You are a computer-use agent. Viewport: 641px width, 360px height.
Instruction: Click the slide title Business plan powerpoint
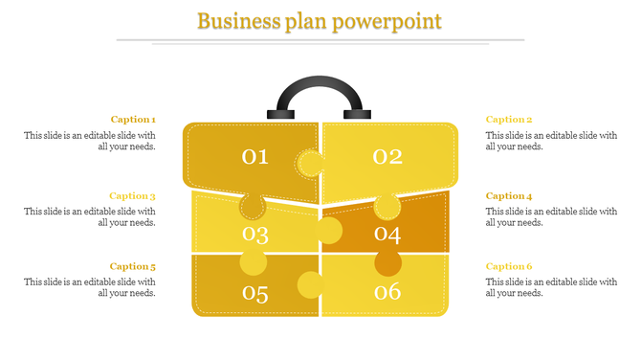pyautogui.click(x=320, y=20)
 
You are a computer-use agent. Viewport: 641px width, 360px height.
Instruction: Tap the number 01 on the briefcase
pyautogui.click(x=254, y=156)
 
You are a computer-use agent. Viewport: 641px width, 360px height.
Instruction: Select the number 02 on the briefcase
pyautogui.click(x=387, y=156)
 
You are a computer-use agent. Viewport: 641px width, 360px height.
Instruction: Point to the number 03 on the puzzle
pyautogui.click(x=255, y=234)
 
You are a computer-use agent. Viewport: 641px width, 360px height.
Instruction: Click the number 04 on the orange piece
pyautogui.click(x=387, y=234)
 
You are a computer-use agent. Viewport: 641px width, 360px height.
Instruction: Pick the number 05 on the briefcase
pyautogui.click(x=255, y=293)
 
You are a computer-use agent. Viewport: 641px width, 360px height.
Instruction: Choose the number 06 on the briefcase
pyautogui.click(x=387, y=293)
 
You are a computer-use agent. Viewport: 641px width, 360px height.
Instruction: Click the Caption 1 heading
pyautogui.click(x=133, y=120)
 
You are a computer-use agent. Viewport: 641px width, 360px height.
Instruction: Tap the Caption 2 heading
pyautogui.click(x=509, y=120)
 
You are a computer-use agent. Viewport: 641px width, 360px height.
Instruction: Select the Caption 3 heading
pyautogui.click(x=133, y=195)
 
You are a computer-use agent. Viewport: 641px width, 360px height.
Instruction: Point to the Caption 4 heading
pyautogui.click(x=509, y=195)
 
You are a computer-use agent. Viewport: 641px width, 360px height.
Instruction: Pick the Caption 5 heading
pyautogui.click(x=133, y=266)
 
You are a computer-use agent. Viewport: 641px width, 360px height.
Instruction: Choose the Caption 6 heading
pyautogui.click(x=509, y=266)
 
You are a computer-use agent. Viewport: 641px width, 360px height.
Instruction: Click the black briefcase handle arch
pyautogui.click(x=320, y=84)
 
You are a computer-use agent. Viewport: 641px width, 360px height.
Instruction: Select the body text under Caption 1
pyautogui.click(x=90, y=141)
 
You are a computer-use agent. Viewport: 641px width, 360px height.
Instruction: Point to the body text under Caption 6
pyautogui.click(x=551, y=287)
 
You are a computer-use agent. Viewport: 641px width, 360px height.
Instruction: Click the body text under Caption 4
pyautogui.click(x=551, y=216)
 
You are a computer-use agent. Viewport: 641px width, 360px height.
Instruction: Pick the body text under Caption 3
pyautogui.click(x=90, y=216)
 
